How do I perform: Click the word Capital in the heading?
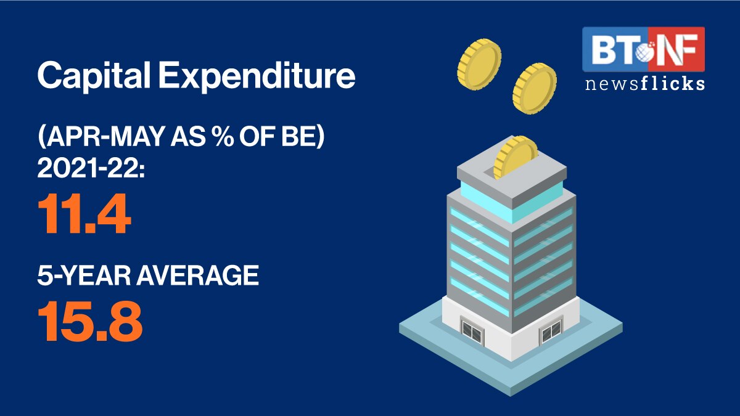pyautogui.click(x=94, y=76)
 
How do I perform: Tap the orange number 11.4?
pyautogui.click(x=84, y=214)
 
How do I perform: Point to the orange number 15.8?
pyautogui.click(x=90, y=320)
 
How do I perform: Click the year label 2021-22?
pyautogui.click(x=91, y=169)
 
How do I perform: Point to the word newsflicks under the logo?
pyautogui.click(x=645, y=84)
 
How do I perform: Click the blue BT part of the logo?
pyautogui.click(x=615, y=49)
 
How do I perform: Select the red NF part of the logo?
pyautogui.click(x=676, y=49)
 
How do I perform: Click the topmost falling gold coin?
pyautogui.click(x=479, y=64)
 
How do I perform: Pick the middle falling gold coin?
pyautogui.click(x=535, y=88)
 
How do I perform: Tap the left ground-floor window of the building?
pyautogui.click(x=472, y=330)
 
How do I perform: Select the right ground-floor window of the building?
pyautogui.click(x=551, y=330)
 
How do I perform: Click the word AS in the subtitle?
pyautogui.click(x=187, y=137)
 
